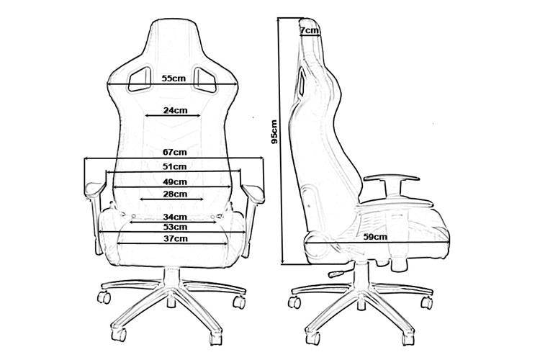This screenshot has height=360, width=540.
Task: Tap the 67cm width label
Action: click(x=174, y=152)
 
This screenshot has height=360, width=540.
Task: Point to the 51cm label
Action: click(x=174, y=166)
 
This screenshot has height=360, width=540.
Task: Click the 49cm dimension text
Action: click(x=174, y=181)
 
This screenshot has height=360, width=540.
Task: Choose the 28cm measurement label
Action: click(x=174, y=194)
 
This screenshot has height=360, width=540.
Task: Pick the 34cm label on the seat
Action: click(x=174, y=216)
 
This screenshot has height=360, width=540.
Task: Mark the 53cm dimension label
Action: click(x=174, y=227)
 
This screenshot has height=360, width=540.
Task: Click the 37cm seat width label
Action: click(x=174, y=238)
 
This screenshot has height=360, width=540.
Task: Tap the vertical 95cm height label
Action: click(x=274, y=132)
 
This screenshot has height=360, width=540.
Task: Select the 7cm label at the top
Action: click(x=310, y=30)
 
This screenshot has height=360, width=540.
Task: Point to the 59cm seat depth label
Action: click(x=375, y=236)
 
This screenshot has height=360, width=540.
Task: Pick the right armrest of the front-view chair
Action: click(x=253, y=190)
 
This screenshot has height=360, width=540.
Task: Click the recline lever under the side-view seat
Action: click(x=336, y=274)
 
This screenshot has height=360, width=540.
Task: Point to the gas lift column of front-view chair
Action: click(x=174, y=277)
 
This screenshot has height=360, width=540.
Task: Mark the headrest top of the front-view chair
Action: click(x=174, y=22)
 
